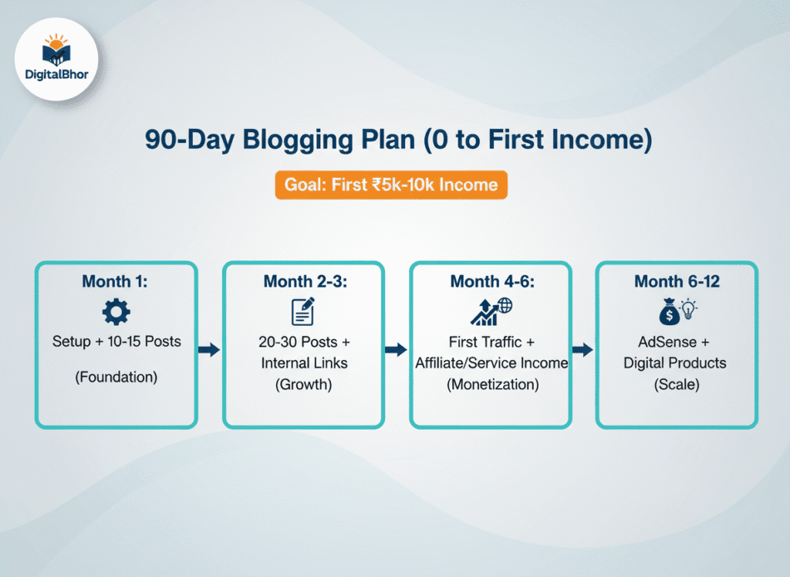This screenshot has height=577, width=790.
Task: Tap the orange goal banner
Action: [x=391, y=185]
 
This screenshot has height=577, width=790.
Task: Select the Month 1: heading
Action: [x=116, y=281]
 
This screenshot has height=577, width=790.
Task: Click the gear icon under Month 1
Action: [x=116, y=312]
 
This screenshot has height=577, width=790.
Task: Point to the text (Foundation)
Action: [x=116, y=378]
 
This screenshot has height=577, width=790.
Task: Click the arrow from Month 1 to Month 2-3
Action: [x=209, y=350]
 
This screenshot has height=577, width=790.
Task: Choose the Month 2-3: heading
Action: [x=303, y=281]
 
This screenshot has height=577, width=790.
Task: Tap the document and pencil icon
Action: [x=303, y=312]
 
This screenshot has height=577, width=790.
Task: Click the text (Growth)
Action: [x=303, y=384]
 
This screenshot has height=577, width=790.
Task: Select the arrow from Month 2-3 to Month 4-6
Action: [x=396, y=350]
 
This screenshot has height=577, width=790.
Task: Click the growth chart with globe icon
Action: [x=491, y=311]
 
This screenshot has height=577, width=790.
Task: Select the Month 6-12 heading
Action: [x=677, y=281]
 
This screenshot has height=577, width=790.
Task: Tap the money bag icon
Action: [x=668, y=313]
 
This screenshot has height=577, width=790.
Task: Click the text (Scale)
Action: [x=677, y=384]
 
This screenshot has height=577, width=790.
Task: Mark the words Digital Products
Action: [x=677, y=362]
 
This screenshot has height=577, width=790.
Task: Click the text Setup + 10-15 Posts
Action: [x=116, y=341]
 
